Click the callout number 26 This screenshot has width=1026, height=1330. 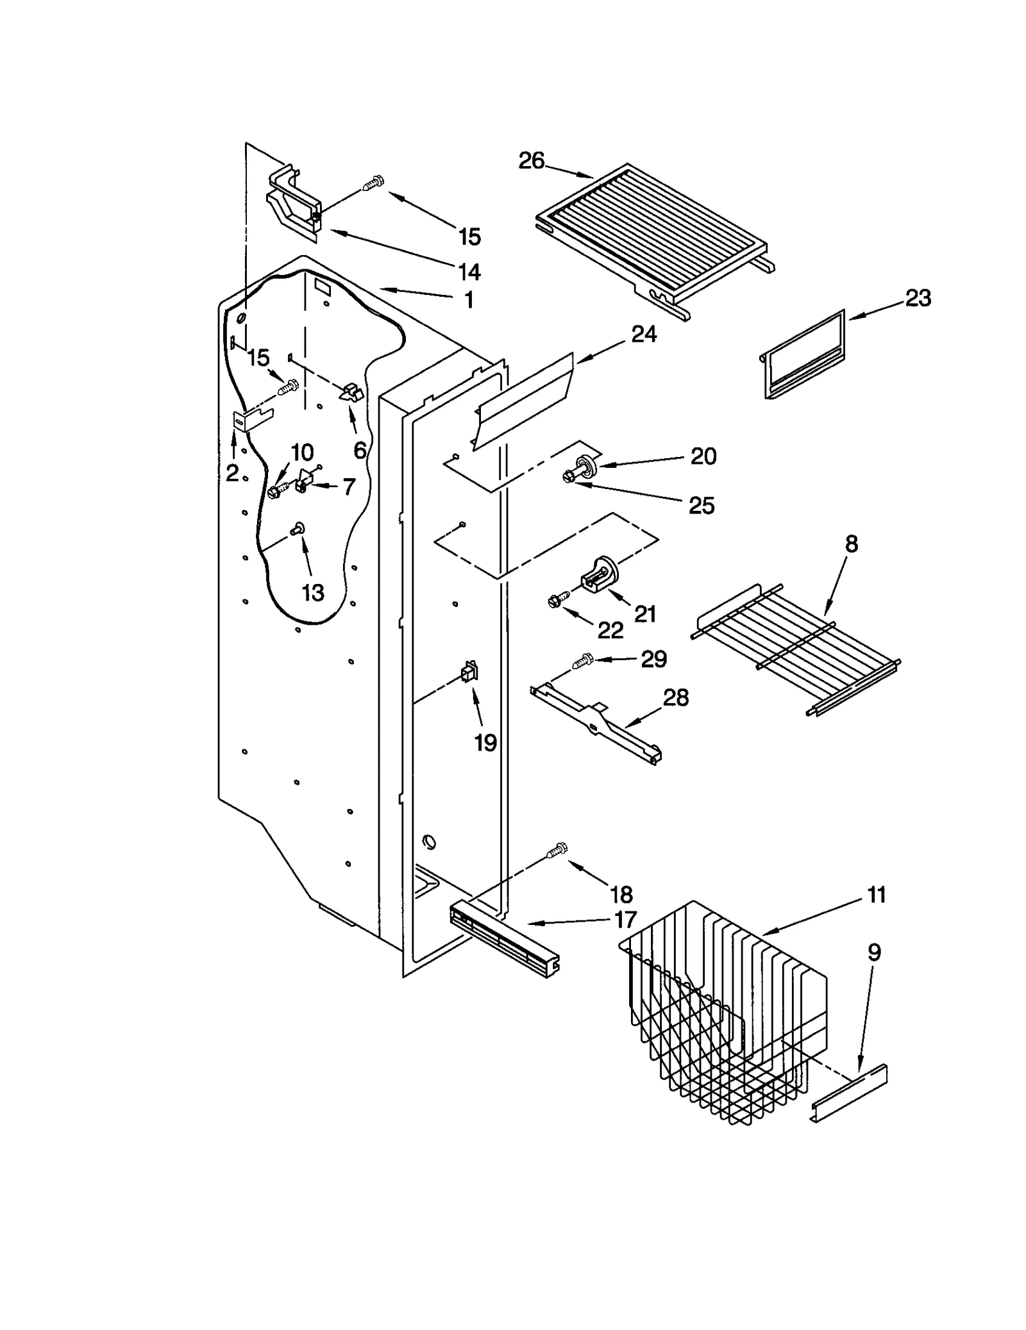tap(531, 160)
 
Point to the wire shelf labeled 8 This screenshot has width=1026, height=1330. tap(795, 647)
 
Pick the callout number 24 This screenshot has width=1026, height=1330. tap(644, 334)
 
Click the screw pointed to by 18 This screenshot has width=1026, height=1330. tap(557, 851)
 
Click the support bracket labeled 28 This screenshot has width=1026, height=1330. tap(596, 724)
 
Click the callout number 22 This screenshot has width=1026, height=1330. tap(610, 631)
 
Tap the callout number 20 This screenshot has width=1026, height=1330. tap(703, 456)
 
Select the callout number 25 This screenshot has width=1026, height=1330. tap(701, 506)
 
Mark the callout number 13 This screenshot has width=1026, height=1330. tap(313, 594)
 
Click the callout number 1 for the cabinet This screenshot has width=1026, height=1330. tap(469, 299)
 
